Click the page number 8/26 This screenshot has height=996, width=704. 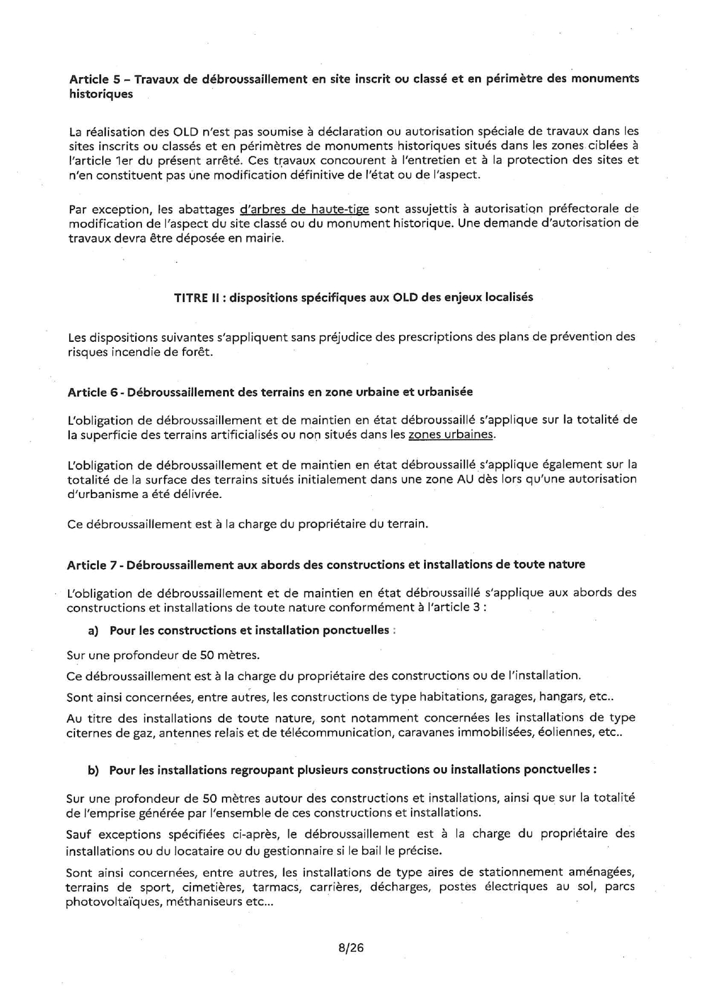coord(350,947)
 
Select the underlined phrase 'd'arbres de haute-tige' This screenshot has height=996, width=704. coord(304,208)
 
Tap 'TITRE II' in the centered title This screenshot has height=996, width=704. coord(196,298)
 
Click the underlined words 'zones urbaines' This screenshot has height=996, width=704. coord(451,435)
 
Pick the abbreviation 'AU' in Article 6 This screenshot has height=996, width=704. coord(464,479)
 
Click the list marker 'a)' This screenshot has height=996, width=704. coord(93,630)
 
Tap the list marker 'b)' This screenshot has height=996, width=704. coord(93,770)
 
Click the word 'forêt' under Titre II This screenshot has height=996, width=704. coord(196,352)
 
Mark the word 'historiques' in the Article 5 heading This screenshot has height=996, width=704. coord(101,94)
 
